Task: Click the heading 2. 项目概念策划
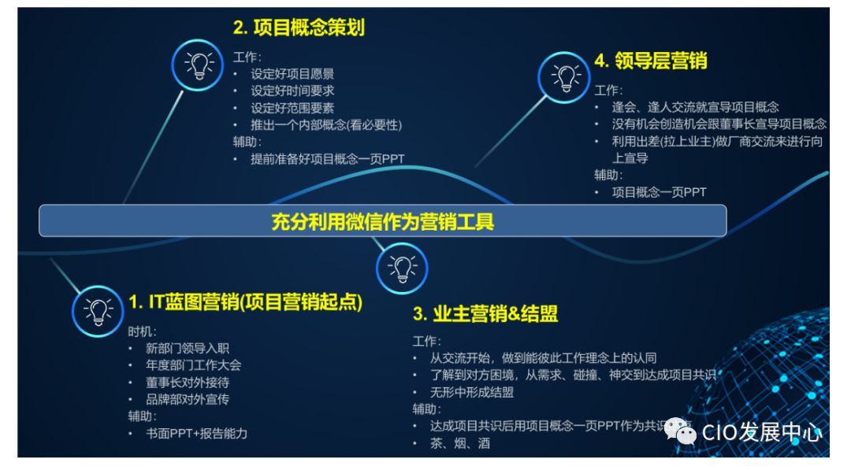click(x=299, y=28)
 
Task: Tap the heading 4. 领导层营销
click(x=650, y=61)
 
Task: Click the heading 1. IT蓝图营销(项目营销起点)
click(x=245, y=301)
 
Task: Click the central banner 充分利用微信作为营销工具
click(x=383, y=221)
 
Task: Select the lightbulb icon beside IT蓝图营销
click(x=98, y=311)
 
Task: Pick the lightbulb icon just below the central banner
click(x=402, y=267)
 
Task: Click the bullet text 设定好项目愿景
click(x=292, y=74)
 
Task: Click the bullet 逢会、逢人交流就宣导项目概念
click(x=695, y=107)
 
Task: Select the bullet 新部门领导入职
click(x=188, y=348)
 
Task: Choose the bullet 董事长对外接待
click(x=188, y=382)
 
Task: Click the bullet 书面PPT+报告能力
click(x=196, y=433)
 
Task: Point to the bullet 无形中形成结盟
click(x=471, y=392)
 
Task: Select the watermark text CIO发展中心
click(x=761, y=432)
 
